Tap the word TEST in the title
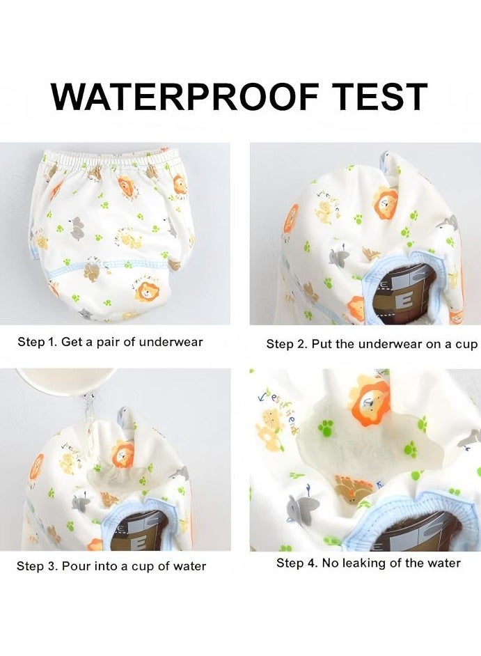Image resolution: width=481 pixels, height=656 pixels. (x=368, y=97)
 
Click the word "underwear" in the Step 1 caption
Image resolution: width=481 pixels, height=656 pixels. (x=171, y=342)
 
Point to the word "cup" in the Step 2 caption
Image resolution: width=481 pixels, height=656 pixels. (x=467, y=344)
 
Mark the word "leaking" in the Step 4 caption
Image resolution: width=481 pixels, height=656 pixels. (x=362, y=563)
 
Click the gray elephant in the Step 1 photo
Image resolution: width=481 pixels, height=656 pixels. (x=76, y=226)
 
